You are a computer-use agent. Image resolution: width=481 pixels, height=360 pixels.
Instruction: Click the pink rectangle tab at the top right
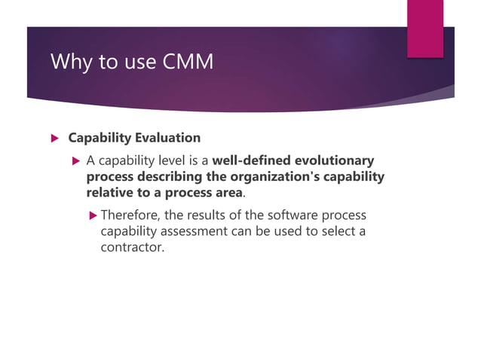(426, 28)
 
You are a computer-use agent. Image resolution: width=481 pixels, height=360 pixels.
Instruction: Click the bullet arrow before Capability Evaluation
(54, 139)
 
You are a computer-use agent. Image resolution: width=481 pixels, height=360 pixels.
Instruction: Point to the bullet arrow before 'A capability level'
(75, 161)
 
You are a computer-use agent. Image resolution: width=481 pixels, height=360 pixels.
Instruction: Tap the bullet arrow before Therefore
(93, 215)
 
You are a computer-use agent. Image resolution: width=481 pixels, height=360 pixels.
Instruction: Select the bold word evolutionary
(332, 160)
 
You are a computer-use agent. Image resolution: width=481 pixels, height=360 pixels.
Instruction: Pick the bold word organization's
(259, 177)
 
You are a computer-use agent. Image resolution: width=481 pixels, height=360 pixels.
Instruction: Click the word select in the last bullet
(332, 231)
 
